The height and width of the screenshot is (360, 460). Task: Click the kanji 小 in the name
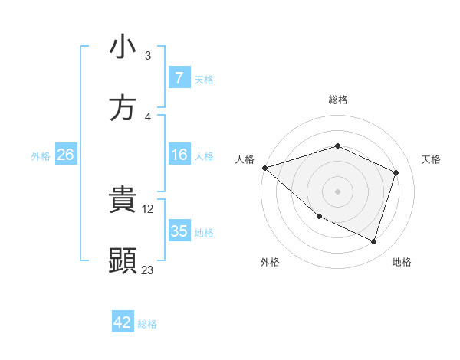pyautogui.click(x=123, y=47)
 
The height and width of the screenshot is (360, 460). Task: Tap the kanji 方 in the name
pyautogui.click(x=123, y=108)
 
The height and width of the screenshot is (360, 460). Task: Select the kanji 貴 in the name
pyautogui.click(x=123, y=201)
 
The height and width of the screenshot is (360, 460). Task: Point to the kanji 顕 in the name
pyautogui.click(x=123, y=261)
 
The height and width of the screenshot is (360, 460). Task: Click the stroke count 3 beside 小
pyautogui.click(x=148, y=56)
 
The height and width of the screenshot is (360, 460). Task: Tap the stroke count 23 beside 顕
pyautogui.click(x=148, y=270)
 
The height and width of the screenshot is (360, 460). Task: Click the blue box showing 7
pyautogui.click(x=179, y=78)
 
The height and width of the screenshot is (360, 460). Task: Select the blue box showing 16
pyautogui.click(x=179, y=155)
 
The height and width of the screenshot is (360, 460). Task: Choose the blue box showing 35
pyautogui.click(x=179, y=231)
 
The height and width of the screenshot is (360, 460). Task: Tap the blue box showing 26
pyautogui.click(x=65, y=155)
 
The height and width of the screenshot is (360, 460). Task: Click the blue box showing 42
pyautogui.click(x=123, y=322)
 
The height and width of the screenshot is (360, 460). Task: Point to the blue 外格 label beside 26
pyautogui.click(x=41, y=155)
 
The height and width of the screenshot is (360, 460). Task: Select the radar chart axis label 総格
pyautogui.click(x=337, y=100)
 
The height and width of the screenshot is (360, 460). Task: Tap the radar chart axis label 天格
pyautogui.click(x=431, y=159)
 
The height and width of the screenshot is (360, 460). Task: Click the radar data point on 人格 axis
pyautogui.click(x=264, y=167)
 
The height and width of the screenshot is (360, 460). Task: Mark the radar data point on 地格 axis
pyautogui.click(x=374, y=242)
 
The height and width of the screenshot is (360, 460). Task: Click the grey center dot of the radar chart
pyautogui.click(x=337, y=191)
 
